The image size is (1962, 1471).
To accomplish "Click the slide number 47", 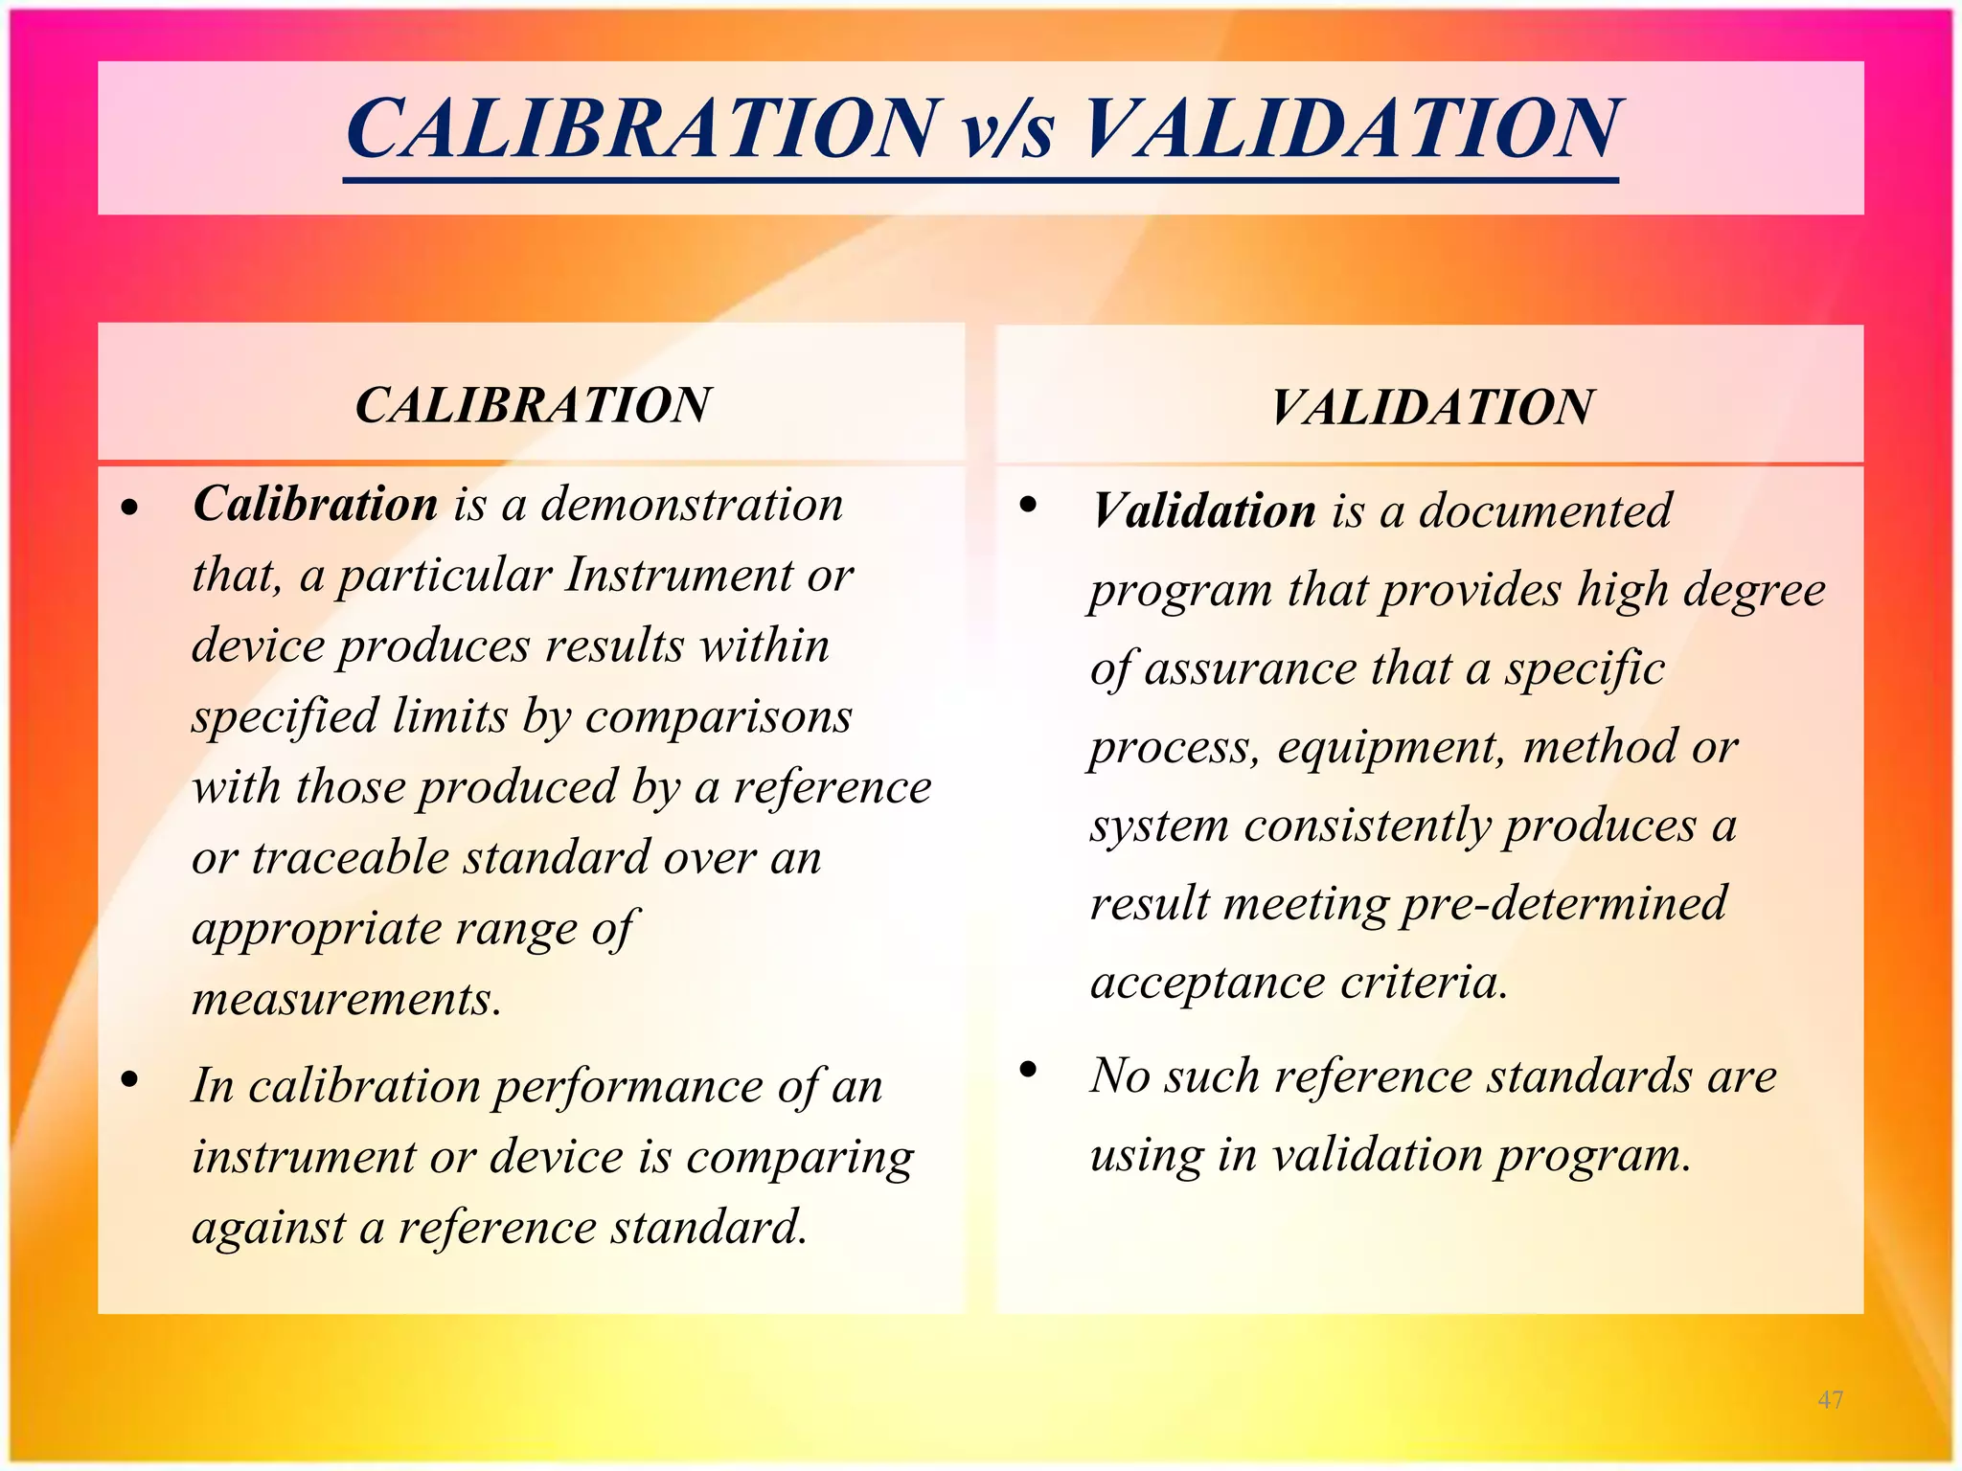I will tap(1830, 1400).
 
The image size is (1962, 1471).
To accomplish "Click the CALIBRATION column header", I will tap(533, 405).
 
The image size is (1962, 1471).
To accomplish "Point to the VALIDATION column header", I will tap(1431, 407).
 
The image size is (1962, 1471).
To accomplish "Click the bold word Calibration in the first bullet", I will tap(315, 504).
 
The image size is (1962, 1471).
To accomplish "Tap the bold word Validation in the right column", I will tap(1204, 510).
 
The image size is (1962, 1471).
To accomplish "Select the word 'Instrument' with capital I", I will tap(679, 576).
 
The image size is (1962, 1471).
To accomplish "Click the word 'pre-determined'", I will tap(1563, 903).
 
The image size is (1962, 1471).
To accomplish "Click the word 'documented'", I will tap(1544, 510).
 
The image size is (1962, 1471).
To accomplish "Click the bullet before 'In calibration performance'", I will tap(130, 1080).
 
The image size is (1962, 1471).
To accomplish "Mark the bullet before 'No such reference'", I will tap(1029, 1070).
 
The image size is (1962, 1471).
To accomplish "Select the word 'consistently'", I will tap(1366, 826).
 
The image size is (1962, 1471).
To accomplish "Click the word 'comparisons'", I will tap(719, 716).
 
